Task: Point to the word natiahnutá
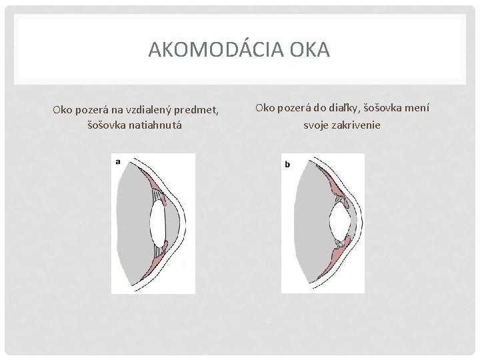159,125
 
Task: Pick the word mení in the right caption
425,109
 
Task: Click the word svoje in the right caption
316,125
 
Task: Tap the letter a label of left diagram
118,161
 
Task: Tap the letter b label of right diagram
287,164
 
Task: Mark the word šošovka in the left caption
108,125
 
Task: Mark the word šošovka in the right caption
391,109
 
